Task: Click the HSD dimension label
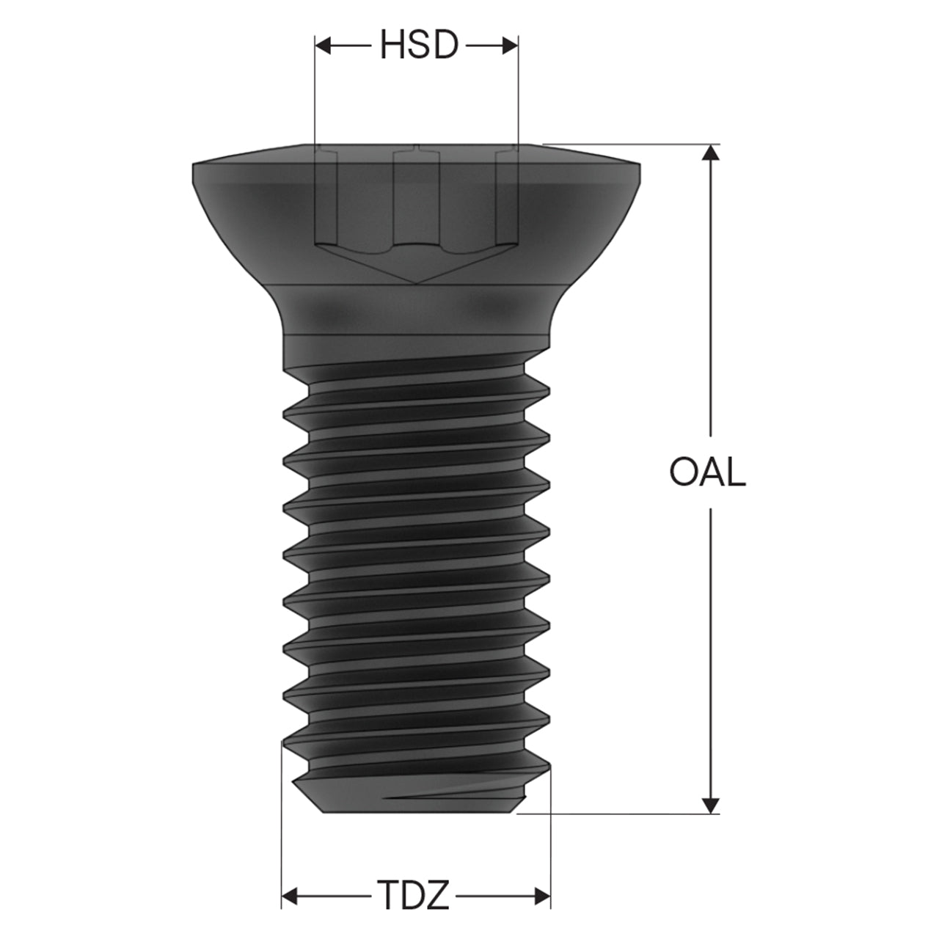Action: pos(419,45)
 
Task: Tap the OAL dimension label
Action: pos(707,472)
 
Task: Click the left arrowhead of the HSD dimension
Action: pos(323,45)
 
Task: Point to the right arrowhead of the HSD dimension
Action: pos(510,45)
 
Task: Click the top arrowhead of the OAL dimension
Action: pos(711,153)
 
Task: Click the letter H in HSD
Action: pos(392,45)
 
